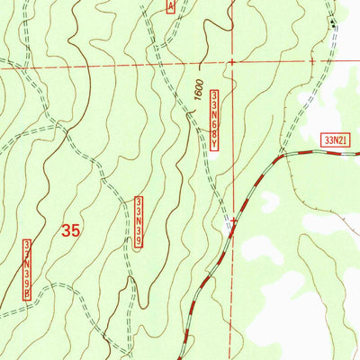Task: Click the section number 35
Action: tap(71, 230)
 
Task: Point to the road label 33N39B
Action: tap(28, 268)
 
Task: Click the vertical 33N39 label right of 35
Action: tap(139, 225)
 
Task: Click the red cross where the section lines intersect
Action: tap(232, 63)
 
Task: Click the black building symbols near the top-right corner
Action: tap(335, 22)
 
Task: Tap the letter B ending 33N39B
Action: tap(28, 292)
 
